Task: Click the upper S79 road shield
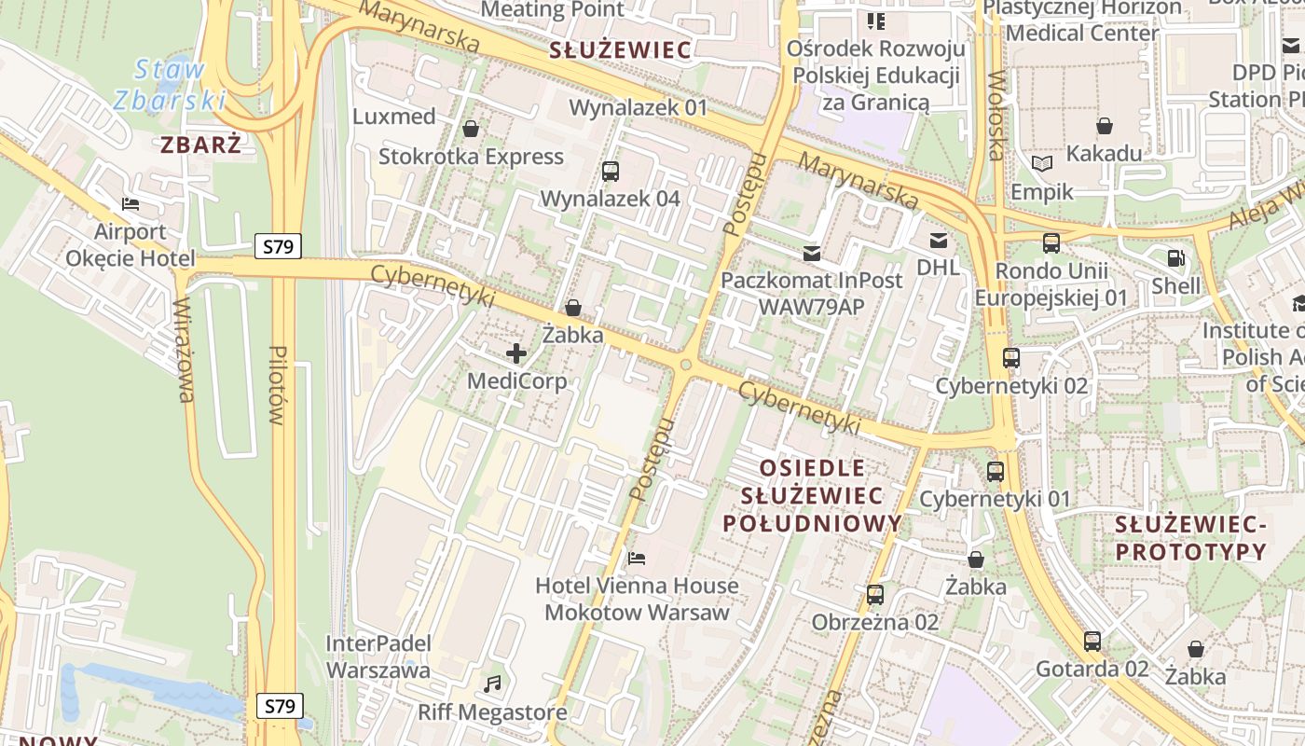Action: (278, 247)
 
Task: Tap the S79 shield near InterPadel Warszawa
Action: (280, 706)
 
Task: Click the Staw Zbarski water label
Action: (170, 84)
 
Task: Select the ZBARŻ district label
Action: (200, 145)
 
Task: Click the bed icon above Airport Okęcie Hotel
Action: (130, 203)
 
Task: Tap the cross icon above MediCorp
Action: (516, 352)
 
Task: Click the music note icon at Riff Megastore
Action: (492, 684)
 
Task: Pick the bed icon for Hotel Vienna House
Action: (637, 558)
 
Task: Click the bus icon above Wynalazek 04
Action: (611, 171)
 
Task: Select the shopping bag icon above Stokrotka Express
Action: (471, 128)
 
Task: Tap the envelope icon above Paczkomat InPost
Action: (811, 253)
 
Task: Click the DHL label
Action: (938, 268)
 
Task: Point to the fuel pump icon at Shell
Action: (1176, 258)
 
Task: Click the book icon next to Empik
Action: (1041, 164)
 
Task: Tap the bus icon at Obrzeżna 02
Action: (874, 594)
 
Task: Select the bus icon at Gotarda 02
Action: (1092, 641)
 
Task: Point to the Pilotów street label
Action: (278, 385)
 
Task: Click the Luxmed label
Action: (394, 117)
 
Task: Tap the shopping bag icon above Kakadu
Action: (1105, 125)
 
